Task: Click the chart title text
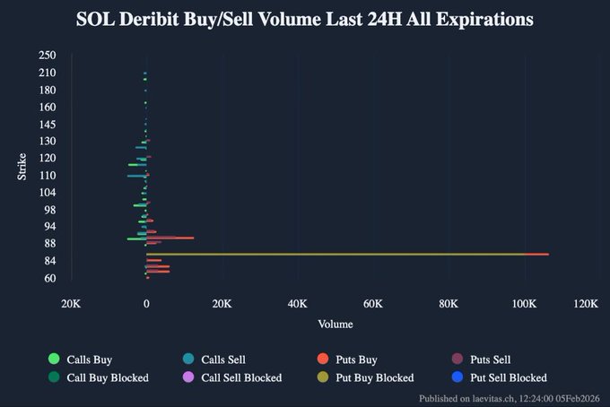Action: pos(305,19)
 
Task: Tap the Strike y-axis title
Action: pos(22,166)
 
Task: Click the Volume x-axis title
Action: pos(335,324)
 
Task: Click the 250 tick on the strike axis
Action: pos(48,56)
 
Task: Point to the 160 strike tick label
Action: pos(48,107)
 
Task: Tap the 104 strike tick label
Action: pos(48,192)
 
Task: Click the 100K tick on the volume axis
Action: pos(524,304)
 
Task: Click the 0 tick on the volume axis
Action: pos(146,304)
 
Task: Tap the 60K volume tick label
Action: pos(373,304)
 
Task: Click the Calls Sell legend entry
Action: pos(223,359)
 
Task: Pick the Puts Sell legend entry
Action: pos(489,359)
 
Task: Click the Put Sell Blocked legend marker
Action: pos(457,377)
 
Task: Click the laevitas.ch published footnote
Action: pos(510,398)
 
